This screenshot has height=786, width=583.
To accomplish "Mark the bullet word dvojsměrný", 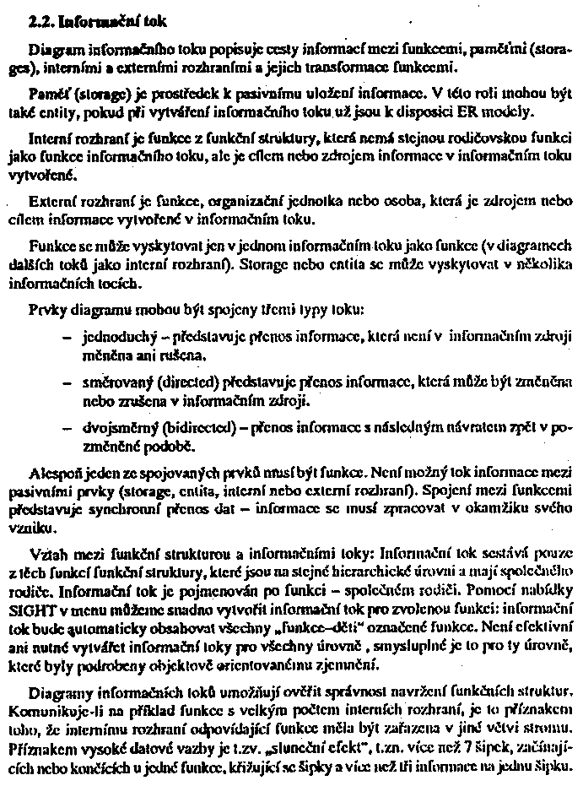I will click(116, 426).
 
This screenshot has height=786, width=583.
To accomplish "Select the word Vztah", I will click(48, 556).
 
